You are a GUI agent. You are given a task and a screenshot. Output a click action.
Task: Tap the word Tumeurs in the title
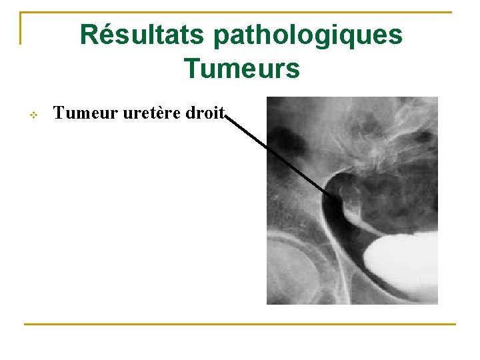tap(242, 68)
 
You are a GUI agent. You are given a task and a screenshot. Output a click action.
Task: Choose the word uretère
tap(146, 113)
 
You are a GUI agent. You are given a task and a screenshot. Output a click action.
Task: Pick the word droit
tap(205, 113)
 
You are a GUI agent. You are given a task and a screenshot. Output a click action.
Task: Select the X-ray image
tap(352, 200)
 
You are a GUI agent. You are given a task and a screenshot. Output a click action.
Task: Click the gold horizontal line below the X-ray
tap(240, 325)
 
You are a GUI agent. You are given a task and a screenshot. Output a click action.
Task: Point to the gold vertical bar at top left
tap(21, 28)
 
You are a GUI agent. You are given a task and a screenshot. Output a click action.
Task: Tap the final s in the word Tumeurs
tap(293, 68)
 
